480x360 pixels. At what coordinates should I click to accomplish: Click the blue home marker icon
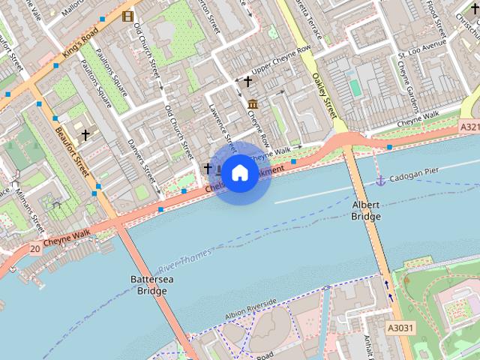[239, 173]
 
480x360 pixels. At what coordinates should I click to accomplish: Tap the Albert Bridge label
[366, 211]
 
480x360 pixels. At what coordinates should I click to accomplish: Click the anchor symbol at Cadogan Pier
[380, 180]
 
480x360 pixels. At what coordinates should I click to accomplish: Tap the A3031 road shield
[400, 328]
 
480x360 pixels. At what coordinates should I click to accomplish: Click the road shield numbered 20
[35, 248]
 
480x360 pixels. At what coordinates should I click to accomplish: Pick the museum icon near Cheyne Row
[253, 103]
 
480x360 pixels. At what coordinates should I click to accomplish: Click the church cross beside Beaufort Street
[85, 135]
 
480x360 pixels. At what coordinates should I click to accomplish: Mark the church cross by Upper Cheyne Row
[247, 80]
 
